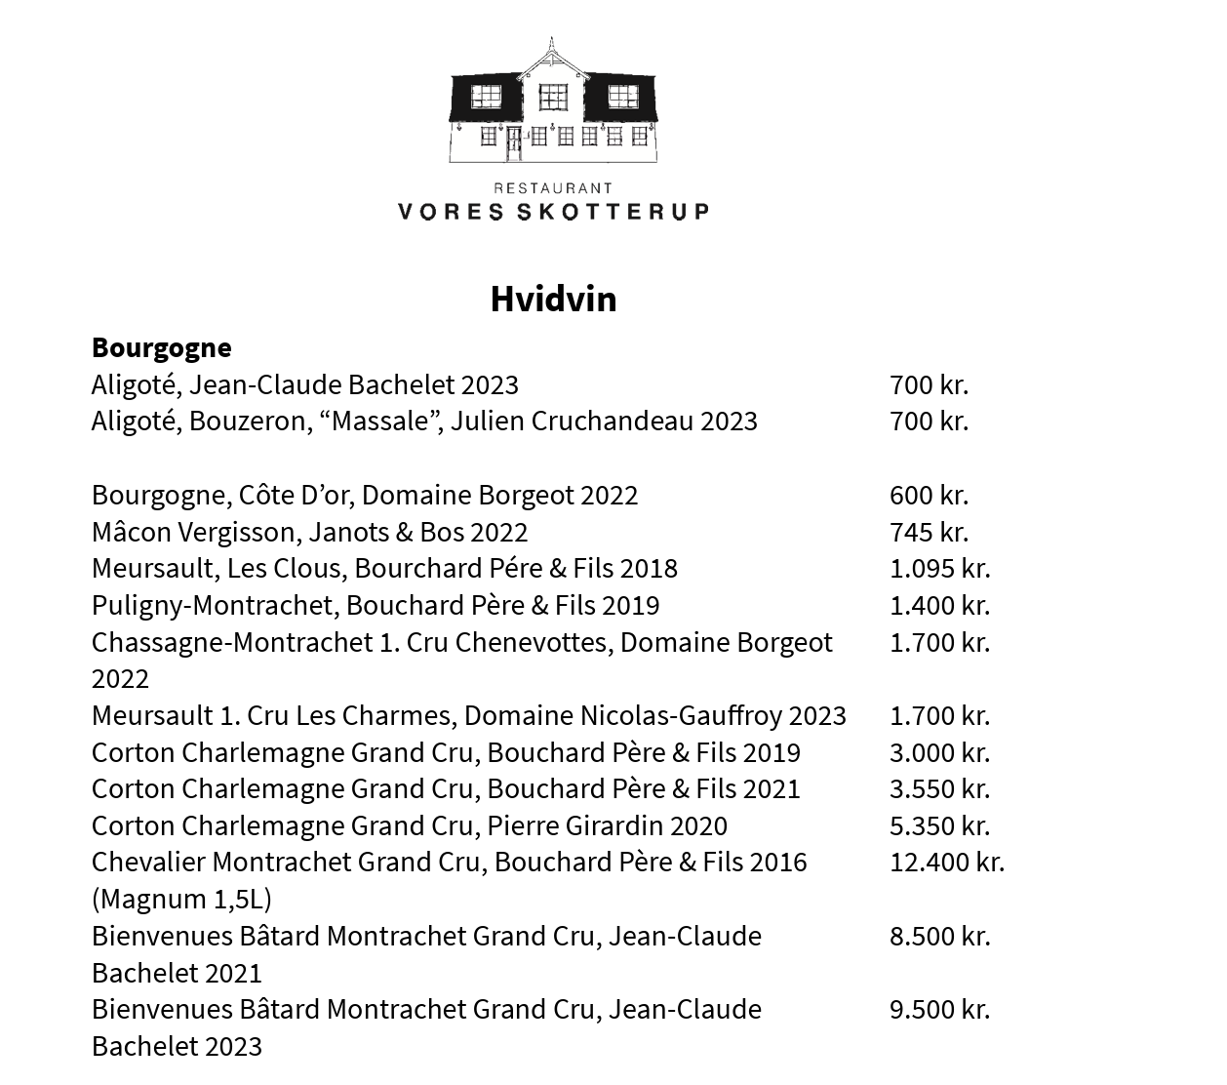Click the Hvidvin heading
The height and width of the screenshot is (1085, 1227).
click(x=553, y=299)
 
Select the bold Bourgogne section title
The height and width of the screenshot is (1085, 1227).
click(x=162, y=347)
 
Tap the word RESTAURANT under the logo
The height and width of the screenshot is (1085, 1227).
click(x=553, y=188)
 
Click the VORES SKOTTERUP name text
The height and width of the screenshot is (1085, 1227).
click(x=553, y=211)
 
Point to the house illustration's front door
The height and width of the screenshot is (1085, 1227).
click(x=514, y=144)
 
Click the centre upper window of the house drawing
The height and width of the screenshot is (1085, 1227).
click(x=553, y=97)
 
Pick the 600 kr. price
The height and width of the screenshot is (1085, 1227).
click(x=929, y=495)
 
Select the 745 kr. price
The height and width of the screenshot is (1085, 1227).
click(x=929, y=532)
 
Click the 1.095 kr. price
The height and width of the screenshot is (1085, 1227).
click(x=939, y=568)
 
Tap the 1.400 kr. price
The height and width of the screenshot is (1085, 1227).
click(x=939, y=605)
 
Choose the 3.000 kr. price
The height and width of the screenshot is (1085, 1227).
click(x=939, y=752)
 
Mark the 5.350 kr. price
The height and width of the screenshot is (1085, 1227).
click(x=939, y=825)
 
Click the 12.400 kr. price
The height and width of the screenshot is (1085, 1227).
click(x=946, y=863)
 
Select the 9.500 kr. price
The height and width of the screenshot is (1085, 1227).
click(x=939, y=1009)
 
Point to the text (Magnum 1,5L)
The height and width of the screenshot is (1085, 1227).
click(x=181, y=899)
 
